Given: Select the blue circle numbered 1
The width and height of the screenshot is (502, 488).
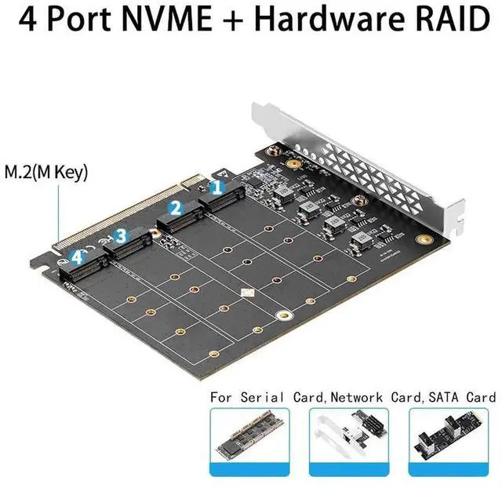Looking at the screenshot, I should (x=219, y=188).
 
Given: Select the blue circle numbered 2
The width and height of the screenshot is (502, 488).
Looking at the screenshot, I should (x=176, y=209).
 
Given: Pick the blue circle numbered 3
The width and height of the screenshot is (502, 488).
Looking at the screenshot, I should (x=120, y=235).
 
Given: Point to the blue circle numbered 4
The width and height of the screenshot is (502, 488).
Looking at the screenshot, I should (x=76, y=256).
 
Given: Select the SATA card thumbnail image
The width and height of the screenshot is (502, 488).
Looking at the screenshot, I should (x=453, y=442).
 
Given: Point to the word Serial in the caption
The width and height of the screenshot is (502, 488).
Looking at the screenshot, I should (x=264, y=397).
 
